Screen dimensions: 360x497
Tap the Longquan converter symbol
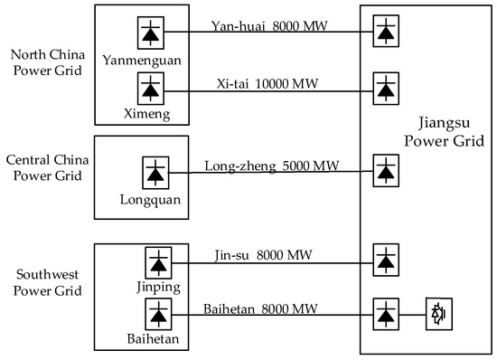point(157,172)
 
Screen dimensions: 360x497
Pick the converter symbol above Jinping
point(159,262)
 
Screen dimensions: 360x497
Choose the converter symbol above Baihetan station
point(159,315)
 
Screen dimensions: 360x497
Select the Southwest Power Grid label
point(47,282)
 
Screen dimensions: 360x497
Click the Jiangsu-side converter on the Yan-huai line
point(387,31)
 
